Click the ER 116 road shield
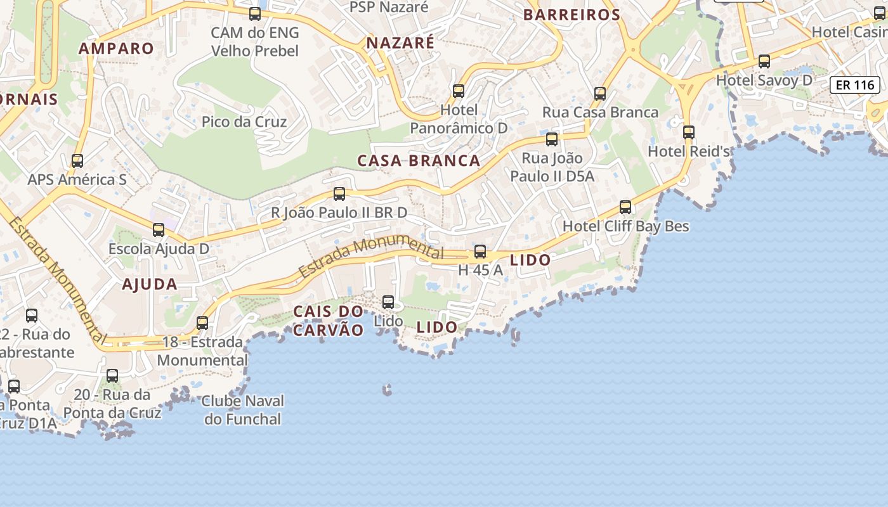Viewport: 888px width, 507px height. (x=855, y=84)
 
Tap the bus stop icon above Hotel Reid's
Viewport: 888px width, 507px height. (x=689, y=132)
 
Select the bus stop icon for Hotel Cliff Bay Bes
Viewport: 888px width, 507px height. (x=625, y=207)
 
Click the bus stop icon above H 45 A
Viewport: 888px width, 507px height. (x=480, y=252)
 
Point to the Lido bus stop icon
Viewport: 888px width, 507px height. (x=388, y=302)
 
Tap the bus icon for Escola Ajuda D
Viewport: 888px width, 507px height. (x=159, y=230)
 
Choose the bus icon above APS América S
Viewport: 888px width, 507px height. (x=77, y=161)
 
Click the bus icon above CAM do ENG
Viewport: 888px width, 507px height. (x=255, y=14)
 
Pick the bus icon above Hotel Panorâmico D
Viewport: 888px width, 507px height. (x=459, y=91)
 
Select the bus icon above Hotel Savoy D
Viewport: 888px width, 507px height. (x=764, y=61)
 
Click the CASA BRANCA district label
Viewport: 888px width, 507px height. (x=419, y=161)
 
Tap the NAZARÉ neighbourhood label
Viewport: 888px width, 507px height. (x=400, y=43)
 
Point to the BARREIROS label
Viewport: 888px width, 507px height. (x=571, y=15)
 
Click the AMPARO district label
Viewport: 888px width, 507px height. (x=116, y=49)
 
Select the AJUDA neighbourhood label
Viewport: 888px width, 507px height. (x=150, y=285)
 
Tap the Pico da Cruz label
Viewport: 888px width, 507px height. (x=244, y=122)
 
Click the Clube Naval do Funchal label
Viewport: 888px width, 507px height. (x=243, y=410)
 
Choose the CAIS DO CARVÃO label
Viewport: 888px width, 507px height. (x=329, y=321)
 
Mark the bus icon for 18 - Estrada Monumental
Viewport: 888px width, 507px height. (x=202, y=323)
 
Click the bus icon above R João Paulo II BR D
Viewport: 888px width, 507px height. (x=339, y=194)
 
